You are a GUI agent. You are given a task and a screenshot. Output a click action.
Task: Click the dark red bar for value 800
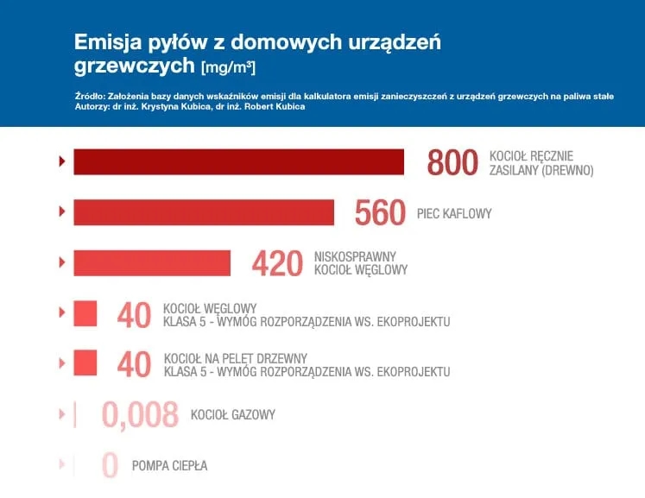pos(238,161)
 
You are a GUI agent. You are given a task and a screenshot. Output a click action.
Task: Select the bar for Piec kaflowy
pos(204,212)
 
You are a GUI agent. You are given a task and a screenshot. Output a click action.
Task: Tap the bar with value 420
pos(152,262)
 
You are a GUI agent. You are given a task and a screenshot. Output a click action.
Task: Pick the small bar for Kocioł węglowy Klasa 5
pos(85,313)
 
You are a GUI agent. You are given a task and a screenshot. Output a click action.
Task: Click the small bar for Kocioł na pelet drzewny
pos(85,363)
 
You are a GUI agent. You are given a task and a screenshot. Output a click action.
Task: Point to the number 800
pos(452,162)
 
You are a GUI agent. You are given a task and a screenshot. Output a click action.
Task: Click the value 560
pos(380,212)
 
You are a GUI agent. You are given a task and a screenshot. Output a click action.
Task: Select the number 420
pos(277,263)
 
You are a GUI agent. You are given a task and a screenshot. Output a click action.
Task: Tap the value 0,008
pos(140,415)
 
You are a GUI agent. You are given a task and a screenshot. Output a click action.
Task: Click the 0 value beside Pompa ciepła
pos(110,466)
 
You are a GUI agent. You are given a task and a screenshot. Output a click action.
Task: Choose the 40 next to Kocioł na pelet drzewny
pos(134,364)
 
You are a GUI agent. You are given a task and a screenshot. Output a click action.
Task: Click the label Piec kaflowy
pos(453,213)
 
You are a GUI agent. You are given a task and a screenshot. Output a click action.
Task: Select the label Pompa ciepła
pos(169,466)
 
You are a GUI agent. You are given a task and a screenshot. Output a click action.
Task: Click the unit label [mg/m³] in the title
pos(228,66)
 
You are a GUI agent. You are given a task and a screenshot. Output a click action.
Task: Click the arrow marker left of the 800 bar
pos(61,161)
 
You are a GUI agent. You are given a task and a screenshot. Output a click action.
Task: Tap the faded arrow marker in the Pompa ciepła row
pos(61,465)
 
